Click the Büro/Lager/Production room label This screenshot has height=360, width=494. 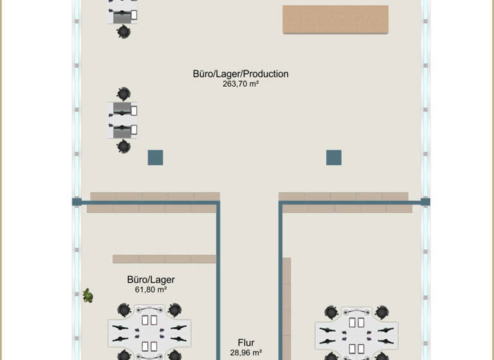(x=241, y=74)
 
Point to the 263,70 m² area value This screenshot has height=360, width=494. (x=241, y=84)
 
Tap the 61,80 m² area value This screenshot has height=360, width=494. (x=151, y=290)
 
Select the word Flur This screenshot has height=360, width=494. (x=246, y=343)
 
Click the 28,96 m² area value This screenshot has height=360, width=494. (x=246, y=353)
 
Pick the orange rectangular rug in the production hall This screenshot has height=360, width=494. (x=335, y=19)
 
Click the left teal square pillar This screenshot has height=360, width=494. (x=155, y=157)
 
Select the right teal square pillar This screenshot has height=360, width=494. (x=333, y=157)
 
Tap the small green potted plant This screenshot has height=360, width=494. (x=87, y=296)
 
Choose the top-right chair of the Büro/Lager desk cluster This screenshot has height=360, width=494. (x=174, y=310)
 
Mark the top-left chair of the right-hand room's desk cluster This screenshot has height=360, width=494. (x=332, y=312)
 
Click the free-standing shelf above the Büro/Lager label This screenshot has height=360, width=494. (x=164, y=259)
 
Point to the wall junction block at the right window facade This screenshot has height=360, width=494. (x=425, y=202)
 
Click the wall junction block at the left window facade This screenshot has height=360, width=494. (x=76, y=202)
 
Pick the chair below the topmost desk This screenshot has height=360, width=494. (x=123, y=31)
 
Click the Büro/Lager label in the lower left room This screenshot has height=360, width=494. (x=151, y=280)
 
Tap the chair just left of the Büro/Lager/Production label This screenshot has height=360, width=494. (x=123, y=94)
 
